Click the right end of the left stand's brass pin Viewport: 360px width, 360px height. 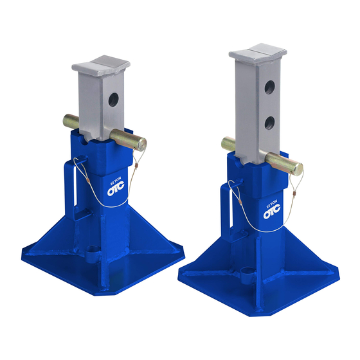coord(141,145)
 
